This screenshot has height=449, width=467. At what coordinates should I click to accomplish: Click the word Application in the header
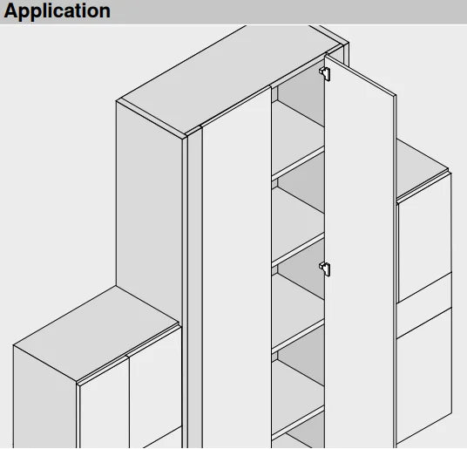[58, 11]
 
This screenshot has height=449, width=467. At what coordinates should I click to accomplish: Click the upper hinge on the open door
[325, 73]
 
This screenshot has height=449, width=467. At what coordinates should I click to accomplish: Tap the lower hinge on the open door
[325, 269]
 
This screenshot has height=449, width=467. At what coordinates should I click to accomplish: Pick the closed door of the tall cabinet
[237, 269]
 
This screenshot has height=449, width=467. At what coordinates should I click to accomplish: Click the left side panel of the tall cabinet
[149, 208]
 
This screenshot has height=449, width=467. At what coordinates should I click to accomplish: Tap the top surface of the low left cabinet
[95, 334]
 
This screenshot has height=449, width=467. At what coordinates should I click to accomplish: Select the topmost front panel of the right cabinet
[424, 238]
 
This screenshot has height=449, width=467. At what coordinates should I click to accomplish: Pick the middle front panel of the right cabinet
[424, 305]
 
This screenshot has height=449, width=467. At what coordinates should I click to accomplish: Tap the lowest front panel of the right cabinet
[424, 376]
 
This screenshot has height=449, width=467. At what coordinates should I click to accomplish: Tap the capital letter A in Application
[11, 10]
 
